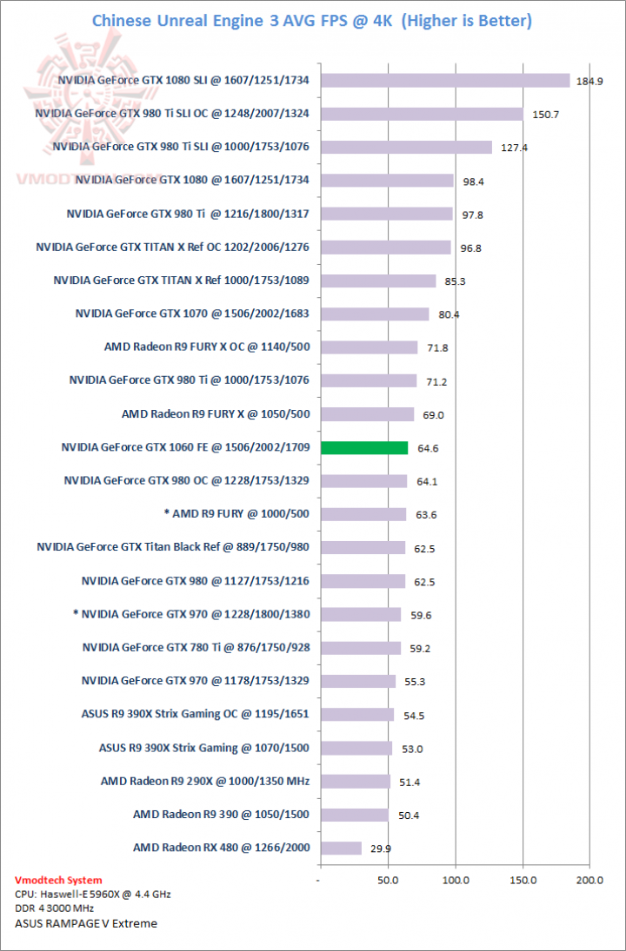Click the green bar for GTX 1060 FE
point(364,448)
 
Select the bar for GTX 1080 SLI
point(445,81)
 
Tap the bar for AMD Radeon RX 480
point(341,848)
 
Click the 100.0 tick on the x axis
point(456,881)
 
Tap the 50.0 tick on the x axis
point(388,881)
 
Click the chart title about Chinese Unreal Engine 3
point(312,20)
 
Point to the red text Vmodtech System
point(58,880)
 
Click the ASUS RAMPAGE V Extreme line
point(86,923)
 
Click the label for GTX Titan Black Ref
point(173,547)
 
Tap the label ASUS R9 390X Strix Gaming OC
point(196,714)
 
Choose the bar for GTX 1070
point(375,314)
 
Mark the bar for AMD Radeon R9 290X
point(356,782)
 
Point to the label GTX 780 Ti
point(196,647)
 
